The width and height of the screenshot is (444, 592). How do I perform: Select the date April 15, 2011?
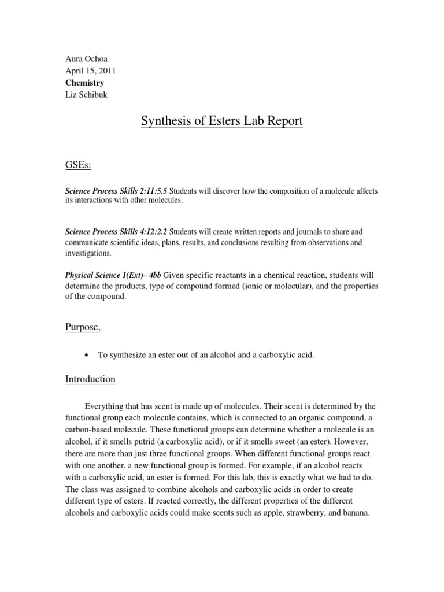click(x=90, y=71)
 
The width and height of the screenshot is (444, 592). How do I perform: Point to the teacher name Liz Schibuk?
click(x=87, y=95)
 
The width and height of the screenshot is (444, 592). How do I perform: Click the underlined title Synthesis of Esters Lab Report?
click(x=222, y=122)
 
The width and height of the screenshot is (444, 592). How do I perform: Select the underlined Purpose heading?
click(x=83, y=328)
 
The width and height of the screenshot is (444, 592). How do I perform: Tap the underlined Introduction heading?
click(x=90, y=379)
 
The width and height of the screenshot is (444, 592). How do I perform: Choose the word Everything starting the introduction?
click(x=106, y=408)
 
